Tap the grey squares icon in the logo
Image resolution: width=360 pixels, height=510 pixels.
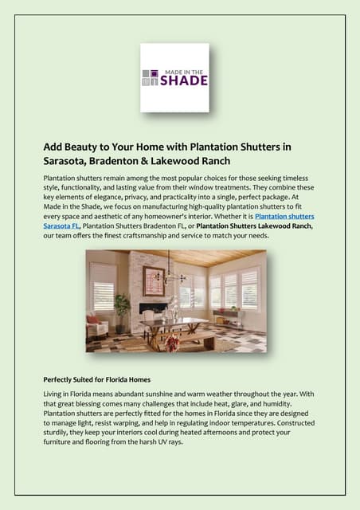(149, 77)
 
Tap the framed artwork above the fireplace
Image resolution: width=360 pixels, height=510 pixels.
(153, 280)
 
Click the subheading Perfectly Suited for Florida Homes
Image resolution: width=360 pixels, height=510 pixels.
(108, 379)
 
